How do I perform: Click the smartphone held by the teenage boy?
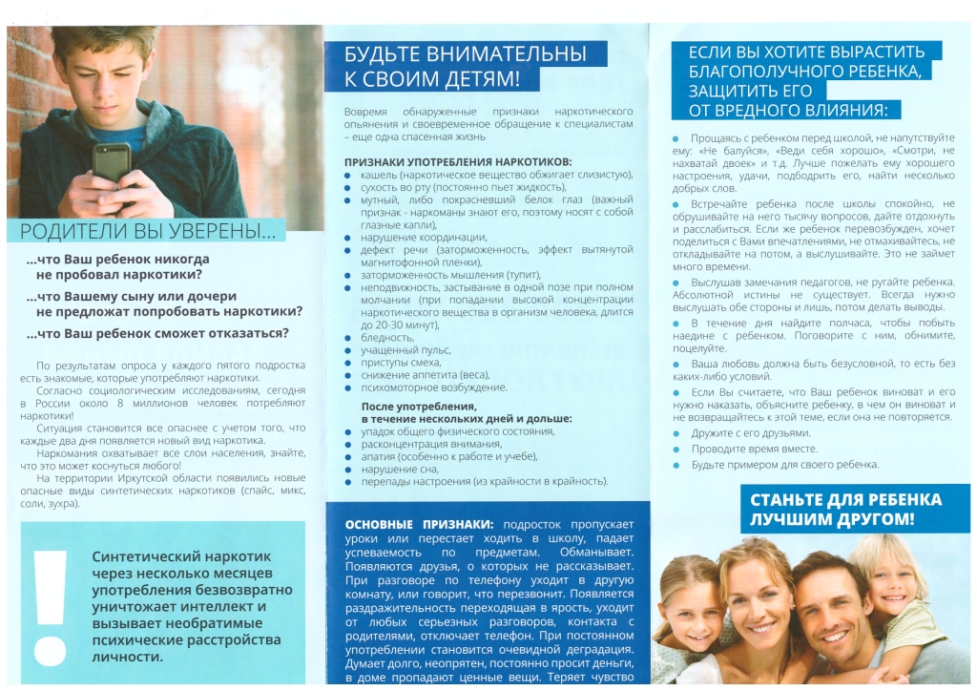tap(110, 162)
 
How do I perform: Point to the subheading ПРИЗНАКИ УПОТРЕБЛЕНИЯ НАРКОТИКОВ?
tap(458, 161)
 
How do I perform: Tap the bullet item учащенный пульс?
tap(399, 350)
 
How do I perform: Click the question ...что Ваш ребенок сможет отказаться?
tap(158, 333)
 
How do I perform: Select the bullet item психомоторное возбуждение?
tap(433, 387)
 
